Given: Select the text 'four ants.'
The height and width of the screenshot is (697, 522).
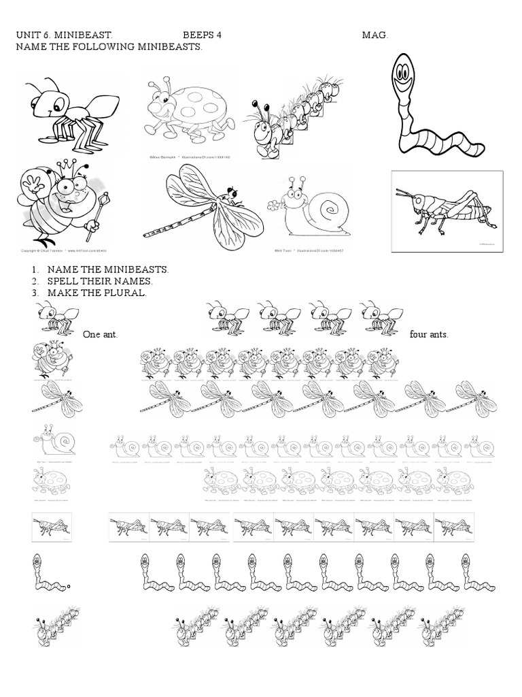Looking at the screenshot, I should pyautogui.click(x=429, y=335).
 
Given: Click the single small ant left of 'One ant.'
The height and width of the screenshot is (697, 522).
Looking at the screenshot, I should pyautogui.click(x=55, y=317).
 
